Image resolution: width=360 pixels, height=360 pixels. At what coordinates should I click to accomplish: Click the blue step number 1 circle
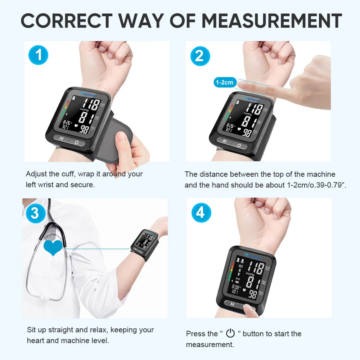pyautogui.click(x=38, y=55)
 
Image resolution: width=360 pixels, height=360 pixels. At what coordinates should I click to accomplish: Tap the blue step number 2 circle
pyautogui.click(x=200, y=56)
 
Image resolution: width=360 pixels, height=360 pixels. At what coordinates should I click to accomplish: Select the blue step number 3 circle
pyautogui.click(x=35, y=213)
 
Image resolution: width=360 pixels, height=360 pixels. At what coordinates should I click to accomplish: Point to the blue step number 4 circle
pyautogui.click(x=201, y=213)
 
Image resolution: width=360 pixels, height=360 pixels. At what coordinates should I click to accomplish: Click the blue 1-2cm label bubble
pyautogui.click(x=224, y=82)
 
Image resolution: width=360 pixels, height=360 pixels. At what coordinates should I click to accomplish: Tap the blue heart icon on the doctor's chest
pyautogui.click(x=53, y=248)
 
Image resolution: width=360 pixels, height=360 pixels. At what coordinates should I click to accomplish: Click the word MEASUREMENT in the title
pyautogui.click(x=271, y=21)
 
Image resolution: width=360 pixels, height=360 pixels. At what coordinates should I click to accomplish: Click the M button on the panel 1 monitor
pyautogui.click(x=62, y=139)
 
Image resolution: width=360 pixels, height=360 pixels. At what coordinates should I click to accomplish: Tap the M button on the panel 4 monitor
pyautogui.click(x=232, y=304)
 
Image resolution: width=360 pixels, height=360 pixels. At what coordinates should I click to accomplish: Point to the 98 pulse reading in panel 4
pyautogui.click(x=253, y=294)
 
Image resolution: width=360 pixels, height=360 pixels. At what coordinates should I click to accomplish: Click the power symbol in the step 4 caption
pyautogui.click(x=230, y=333)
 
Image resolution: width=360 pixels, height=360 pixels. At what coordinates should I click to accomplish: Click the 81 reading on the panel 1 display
pyautogui.click(x=84, y=118)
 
